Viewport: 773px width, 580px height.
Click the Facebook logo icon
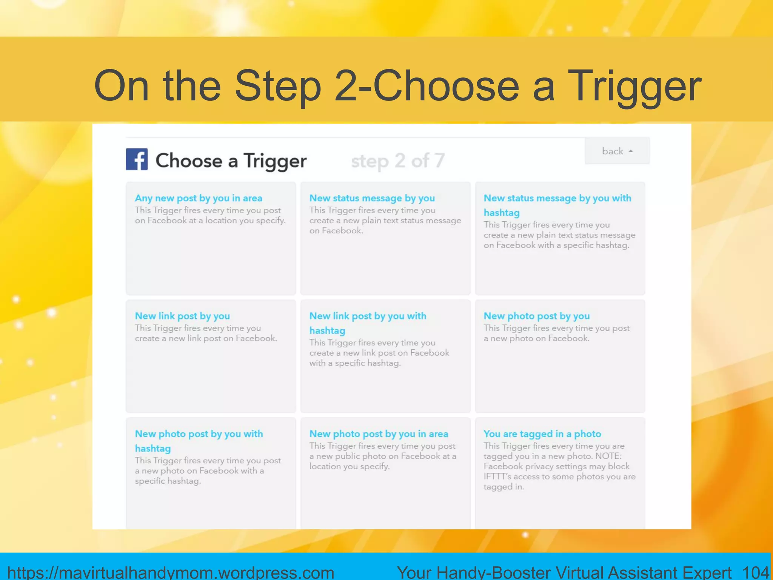coord(137,159)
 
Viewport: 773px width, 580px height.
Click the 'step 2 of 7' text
coord(398,161)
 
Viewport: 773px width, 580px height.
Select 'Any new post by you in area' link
coord(199,198)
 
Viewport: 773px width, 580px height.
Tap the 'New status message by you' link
coord(372,198)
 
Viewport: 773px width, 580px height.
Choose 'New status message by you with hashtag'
coord(557,205)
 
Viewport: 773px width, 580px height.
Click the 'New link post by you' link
coord(182,316)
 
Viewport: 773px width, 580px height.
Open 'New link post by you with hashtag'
coord(368,323)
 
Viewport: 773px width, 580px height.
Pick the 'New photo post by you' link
coord(536,316)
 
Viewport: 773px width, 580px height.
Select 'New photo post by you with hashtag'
coord(199,441)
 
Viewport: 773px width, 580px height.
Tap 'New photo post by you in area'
coord(379,434)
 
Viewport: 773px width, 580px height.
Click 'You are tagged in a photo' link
coord(542,434)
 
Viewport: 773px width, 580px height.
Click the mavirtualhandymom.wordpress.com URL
coord(171,572)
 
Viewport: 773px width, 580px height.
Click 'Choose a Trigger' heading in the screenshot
coord(231,161)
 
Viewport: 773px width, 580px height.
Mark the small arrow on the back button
coord(631,151)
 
